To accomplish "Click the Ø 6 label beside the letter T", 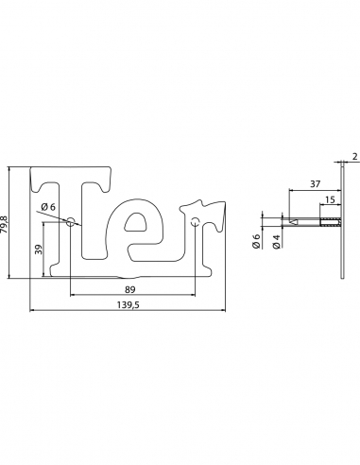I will click(48, 208).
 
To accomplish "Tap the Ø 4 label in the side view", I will click(275, 241).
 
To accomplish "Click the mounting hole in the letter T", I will click(70, 222).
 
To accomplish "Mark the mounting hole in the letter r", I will click(195, 223).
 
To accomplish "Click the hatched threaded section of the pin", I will click(330, 223).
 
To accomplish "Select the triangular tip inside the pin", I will click(295, 223).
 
